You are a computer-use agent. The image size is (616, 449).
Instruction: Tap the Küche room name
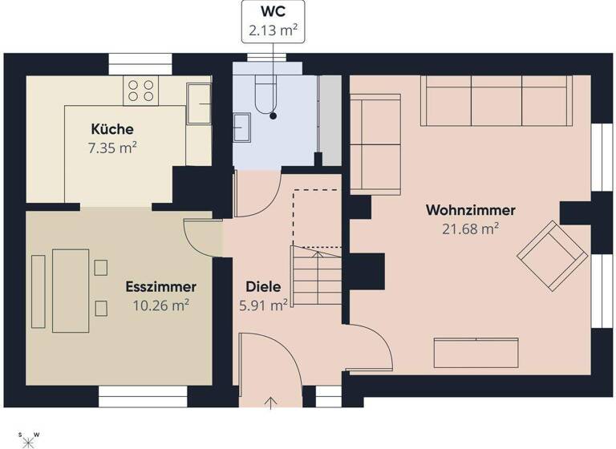[112, 129]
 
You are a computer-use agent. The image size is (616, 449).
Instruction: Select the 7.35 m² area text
[112, 148]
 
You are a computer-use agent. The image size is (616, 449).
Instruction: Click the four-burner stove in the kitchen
[140, 90]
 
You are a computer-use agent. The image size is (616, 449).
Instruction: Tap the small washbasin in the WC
[241, 126]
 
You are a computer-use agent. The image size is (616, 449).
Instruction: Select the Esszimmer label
[160, 286]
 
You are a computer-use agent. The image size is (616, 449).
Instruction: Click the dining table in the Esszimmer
[71, 290]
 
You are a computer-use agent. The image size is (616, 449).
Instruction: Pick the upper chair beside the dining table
[100, 267]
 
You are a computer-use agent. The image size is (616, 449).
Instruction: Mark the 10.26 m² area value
[160, 305]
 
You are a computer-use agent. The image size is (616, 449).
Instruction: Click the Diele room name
[263, 286]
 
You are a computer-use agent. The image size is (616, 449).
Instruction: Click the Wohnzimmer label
[470, 210]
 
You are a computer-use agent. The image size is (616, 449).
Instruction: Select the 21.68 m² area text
[470, 229]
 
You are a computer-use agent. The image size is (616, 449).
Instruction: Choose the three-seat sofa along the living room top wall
[495, 100]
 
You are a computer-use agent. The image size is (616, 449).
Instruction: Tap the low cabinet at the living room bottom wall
[476, 352]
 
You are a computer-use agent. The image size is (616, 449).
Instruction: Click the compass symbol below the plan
[28, 439]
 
